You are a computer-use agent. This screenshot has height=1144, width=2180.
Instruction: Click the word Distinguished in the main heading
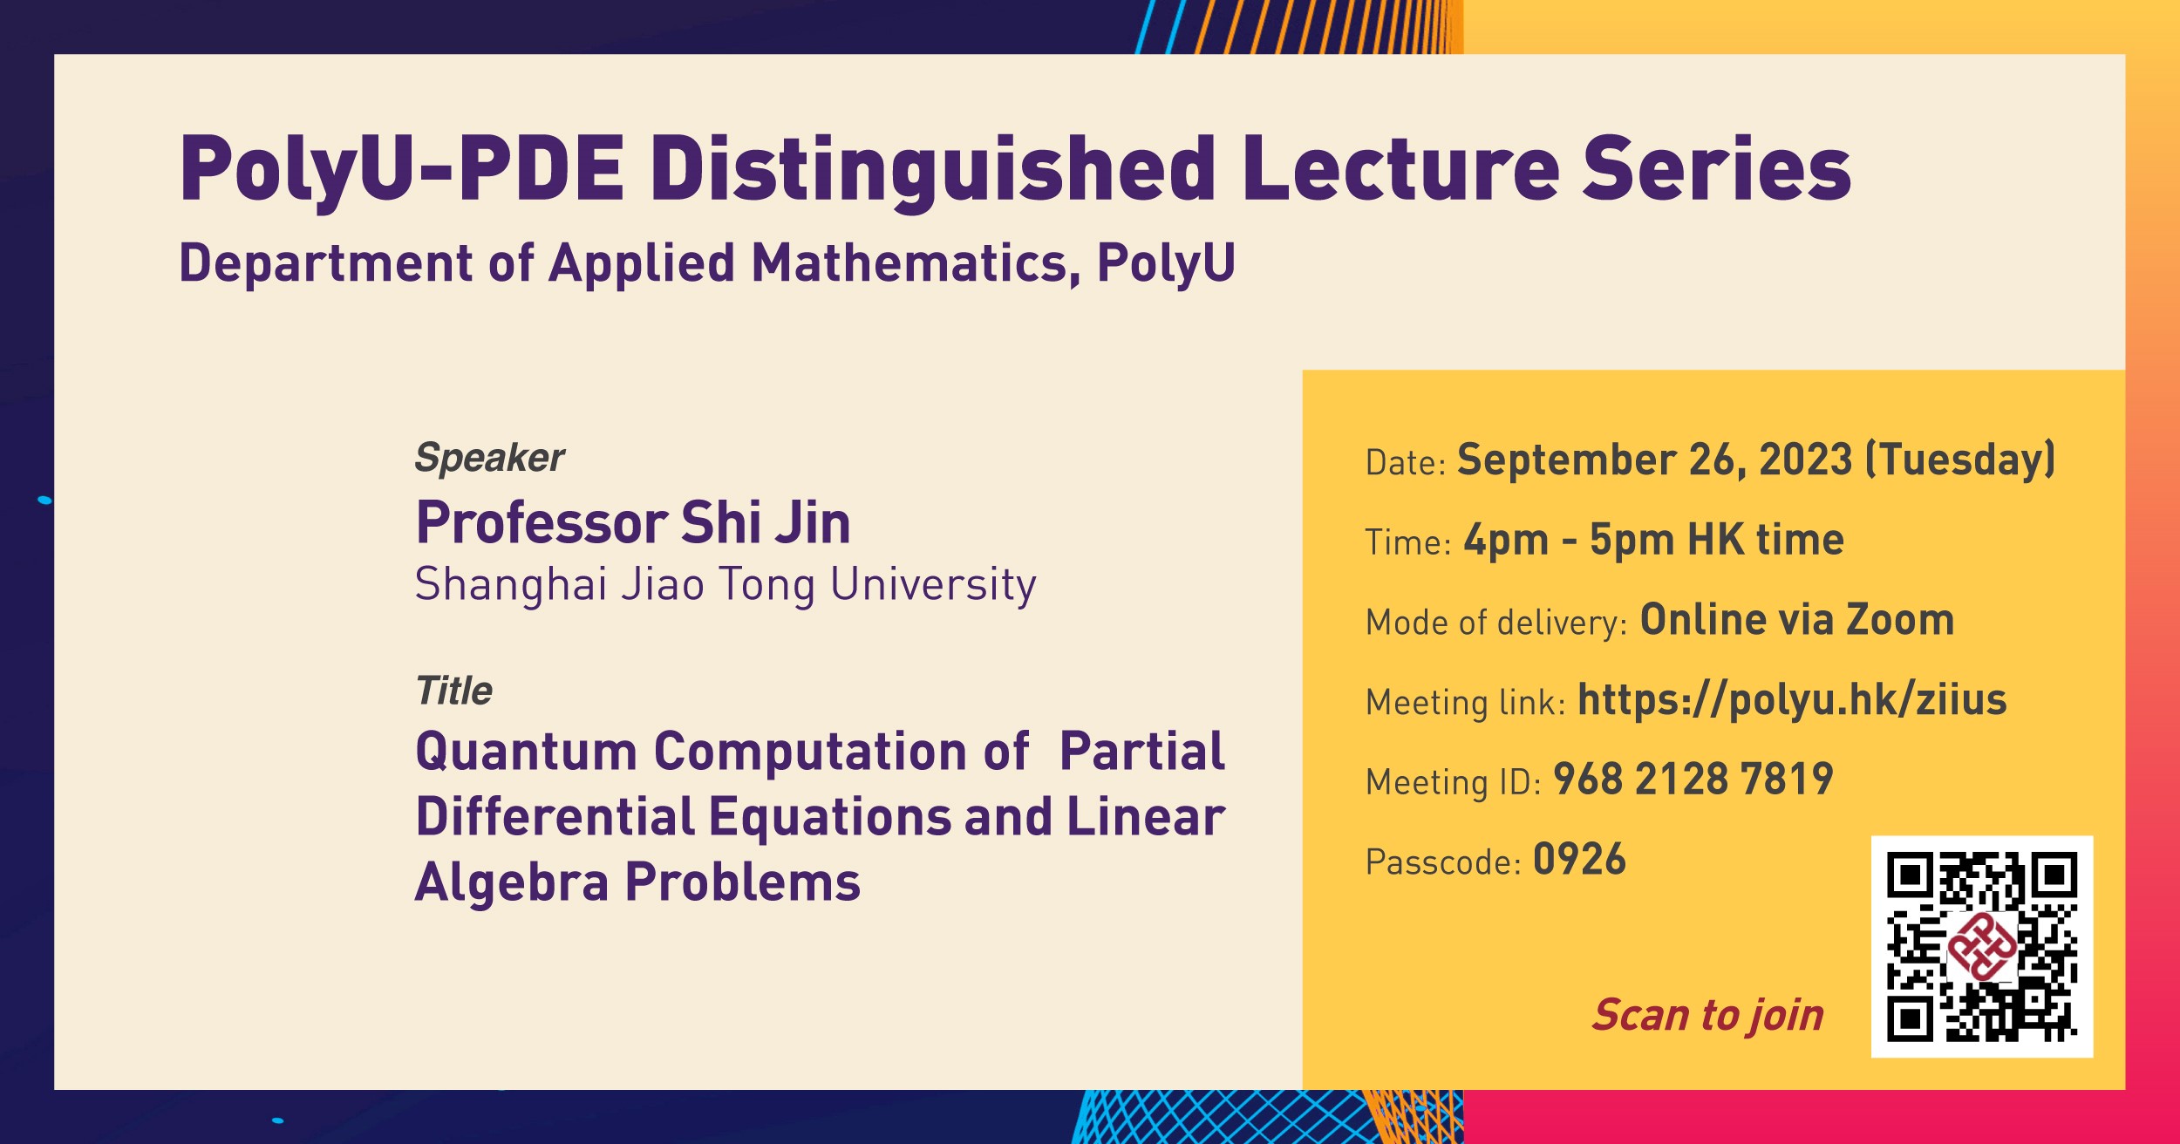tap(932, 170)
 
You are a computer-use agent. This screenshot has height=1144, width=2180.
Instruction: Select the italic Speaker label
tap(489, 458)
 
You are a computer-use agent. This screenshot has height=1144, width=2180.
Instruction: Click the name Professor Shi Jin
tap(632, 523)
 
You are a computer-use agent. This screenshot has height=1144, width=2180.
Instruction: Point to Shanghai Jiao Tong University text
tap(725, 584)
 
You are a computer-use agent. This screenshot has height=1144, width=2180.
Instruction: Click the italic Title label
tap(453, 691)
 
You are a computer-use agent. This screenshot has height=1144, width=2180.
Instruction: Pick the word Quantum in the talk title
tap(526, 752)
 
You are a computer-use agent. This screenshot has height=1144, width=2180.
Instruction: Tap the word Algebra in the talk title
tap(511, 882)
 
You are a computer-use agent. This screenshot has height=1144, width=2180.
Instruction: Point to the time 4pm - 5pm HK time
tap(1653, 540)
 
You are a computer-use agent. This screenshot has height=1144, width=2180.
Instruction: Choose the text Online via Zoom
tap(1796, 620)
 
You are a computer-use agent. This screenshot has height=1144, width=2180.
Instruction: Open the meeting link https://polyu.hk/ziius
tap(1792, 700)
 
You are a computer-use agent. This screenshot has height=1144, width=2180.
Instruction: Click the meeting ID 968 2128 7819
tap(1693, 780)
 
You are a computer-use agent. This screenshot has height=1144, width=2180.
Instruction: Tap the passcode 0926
tap(1579, 860)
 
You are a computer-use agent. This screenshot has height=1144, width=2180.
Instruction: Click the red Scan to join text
tap(1707, 1015)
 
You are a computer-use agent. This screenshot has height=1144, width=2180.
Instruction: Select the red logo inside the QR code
tap(1982, 947)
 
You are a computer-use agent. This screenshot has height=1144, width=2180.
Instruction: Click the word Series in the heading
tap(1716, 170)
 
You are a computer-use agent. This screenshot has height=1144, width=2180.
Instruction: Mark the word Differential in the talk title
tap(555, 817)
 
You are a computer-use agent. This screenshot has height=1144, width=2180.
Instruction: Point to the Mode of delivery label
tap(1495, 623)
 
